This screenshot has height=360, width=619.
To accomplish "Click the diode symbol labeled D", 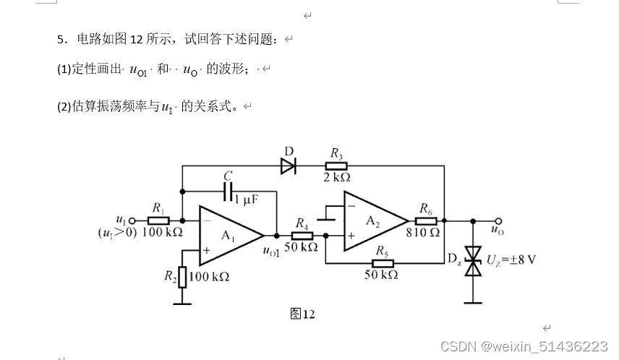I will [x=288, y=166].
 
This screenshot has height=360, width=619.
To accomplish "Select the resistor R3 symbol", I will [x=336, y=166].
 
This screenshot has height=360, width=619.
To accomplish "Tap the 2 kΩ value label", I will [x=336, y=178].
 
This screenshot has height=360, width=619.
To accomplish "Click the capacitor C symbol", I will [x=229, y=192].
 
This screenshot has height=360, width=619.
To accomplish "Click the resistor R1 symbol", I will [x=158, y=220].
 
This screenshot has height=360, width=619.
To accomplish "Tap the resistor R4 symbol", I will [x=302, y=235].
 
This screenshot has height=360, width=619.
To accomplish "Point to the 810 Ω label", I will [x=423, y=233].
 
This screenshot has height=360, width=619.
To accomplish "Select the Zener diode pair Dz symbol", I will [x=473, y=260].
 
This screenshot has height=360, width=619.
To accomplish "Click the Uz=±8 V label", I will [x=511, y=259].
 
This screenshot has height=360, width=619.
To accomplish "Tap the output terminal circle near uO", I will [x=498, y=220].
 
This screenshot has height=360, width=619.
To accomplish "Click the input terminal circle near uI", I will [x=132, y=220].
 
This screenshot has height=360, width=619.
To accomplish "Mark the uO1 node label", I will [x=270, y=250].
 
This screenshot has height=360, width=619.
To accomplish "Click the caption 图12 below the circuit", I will [x=302, y=314].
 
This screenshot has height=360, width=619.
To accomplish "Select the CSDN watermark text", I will [x=524, y=347].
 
